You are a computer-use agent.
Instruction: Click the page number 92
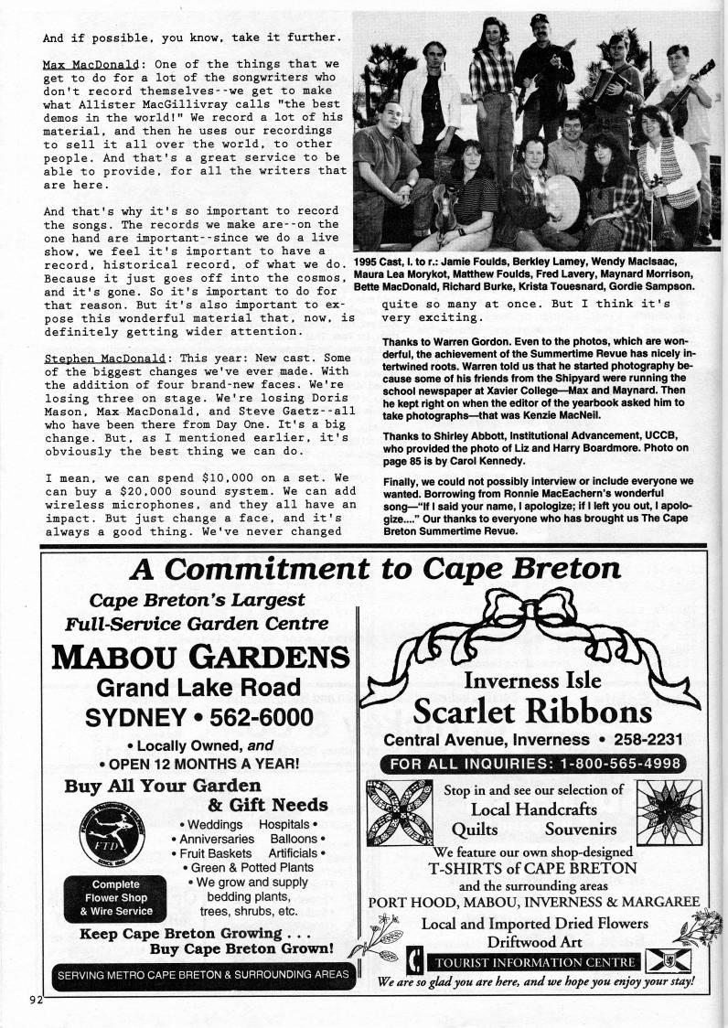36,999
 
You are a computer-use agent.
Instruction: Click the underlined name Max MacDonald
88,65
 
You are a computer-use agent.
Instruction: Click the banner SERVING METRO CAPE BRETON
202,974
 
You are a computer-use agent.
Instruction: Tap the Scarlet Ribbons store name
532,710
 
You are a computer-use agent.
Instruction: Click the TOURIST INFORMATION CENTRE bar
535,961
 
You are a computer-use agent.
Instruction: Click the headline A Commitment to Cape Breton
375,569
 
